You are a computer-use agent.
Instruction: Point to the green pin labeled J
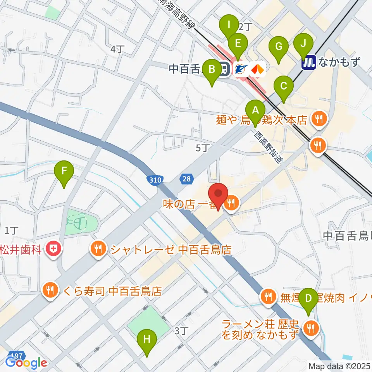(x=303, y=46)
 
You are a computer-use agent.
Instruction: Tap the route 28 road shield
(x=186, y=179)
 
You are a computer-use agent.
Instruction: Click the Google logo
(x=26, y=363)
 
